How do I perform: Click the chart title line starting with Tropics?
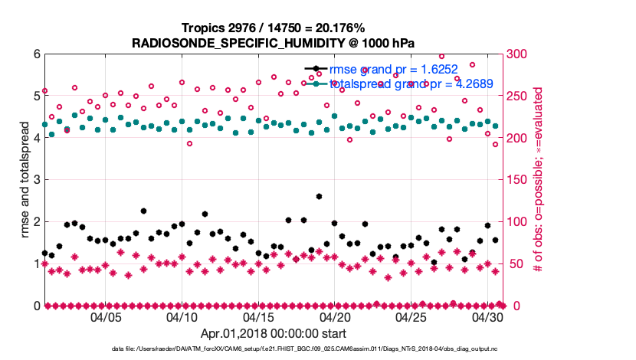coord(274,28)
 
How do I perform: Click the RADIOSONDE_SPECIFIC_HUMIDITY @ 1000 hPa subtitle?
coord(274,41)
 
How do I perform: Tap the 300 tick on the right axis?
coord(519,54)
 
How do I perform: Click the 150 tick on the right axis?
coord(519,180)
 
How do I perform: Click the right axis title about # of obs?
coord(539,180)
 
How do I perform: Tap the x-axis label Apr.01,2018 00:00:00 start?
coord(274,333)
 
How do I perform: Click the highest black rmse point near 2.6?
coord(319,197)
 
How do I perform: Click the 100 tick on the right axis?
coord(519,222)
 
